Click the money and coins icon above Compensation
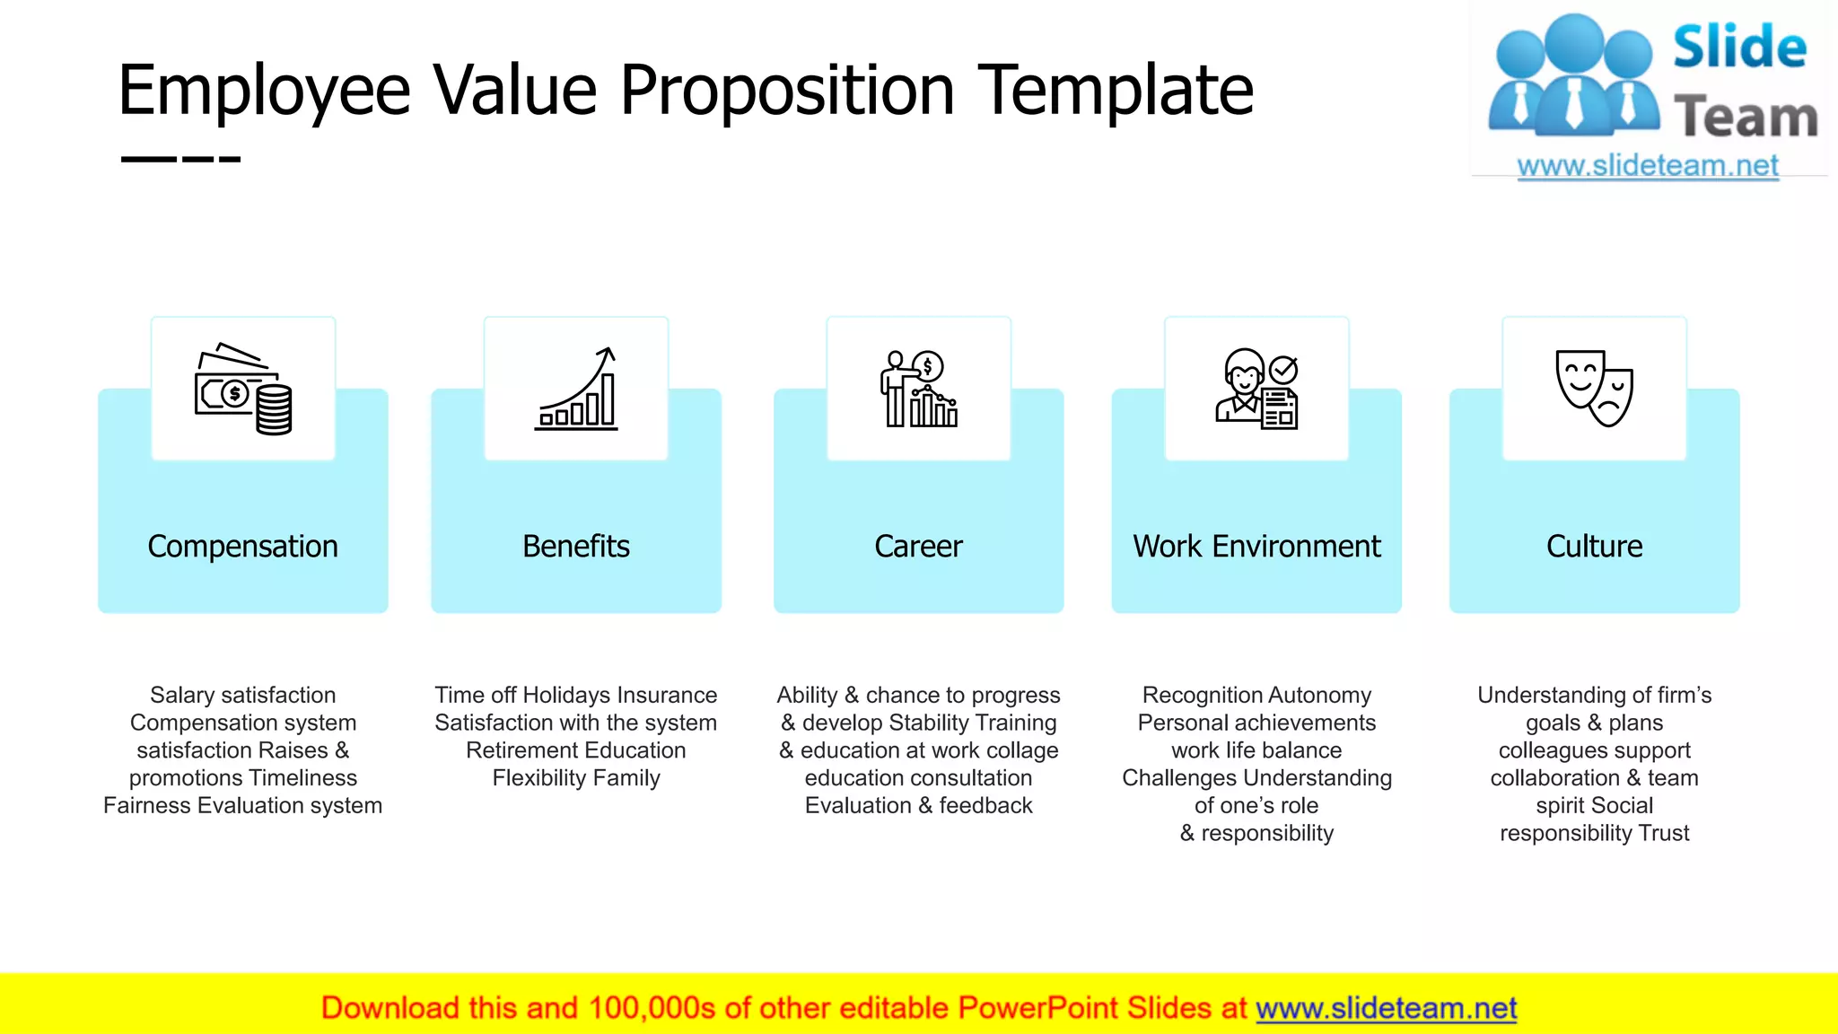[243, 390]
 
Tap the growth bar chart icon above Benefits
[576, 390]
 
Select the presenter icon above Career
[919, 390]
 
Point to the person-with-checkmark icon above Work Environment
[1256, 390]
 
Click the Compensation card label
[243, 547]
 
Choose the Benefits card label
[576, 547]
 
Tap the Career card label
[919, 547]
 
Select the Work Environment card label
[1256, 547]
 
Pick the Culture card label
[1595, 547]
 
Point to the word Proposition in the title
[787, 91]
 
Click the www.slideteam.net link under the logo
[1648, 166]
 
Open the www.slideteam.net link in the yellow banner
[1386, 1009]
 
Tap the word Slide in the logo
[1739, 47]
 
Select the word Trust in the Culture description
[1664, 834]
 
